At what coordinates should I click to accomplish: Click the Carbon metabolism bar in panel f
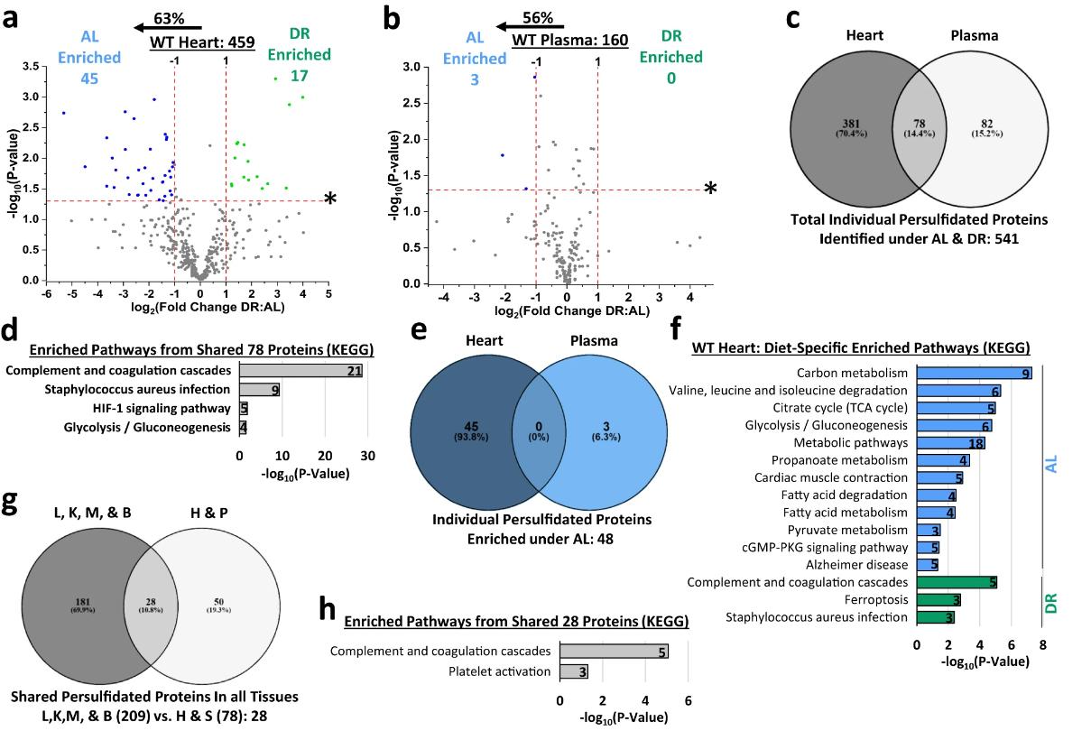point(974,373)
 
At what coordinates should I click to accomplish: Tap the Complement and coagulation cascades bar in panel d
point(300,371)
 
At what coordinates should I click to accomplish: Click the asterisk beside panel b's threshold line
point(711,189)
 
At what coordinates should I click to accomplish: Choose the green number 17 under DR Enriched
point(300,77)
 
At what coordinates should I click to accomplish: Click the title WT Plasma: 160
point(569,40)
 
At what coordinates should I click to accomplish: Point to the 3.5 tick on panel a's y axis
point(30,66)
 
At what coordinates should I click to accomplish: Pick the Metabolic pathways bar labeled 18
point(950,442)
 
